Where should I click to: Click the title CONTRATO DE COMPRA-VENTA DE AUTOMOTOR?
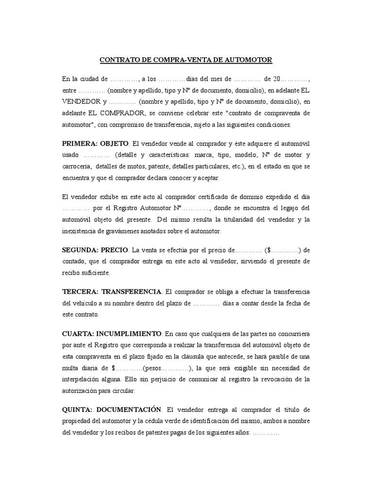pyautogui.click(x=186, y=60)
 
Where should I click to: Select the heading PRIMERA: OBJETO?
pyautogui.click(x=95, y=144)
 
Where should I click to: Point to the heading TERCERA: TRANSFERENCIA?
pyautogui.click(x=112, y=291)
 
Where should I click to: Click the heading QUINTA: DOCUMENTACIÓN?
pyautogui.click(x=111, y=409)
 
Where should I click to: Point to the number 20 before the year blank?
pyautogui.click(x=277, y=79)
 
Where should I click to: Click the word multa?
pyautogui.click(x=73, y=368)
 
